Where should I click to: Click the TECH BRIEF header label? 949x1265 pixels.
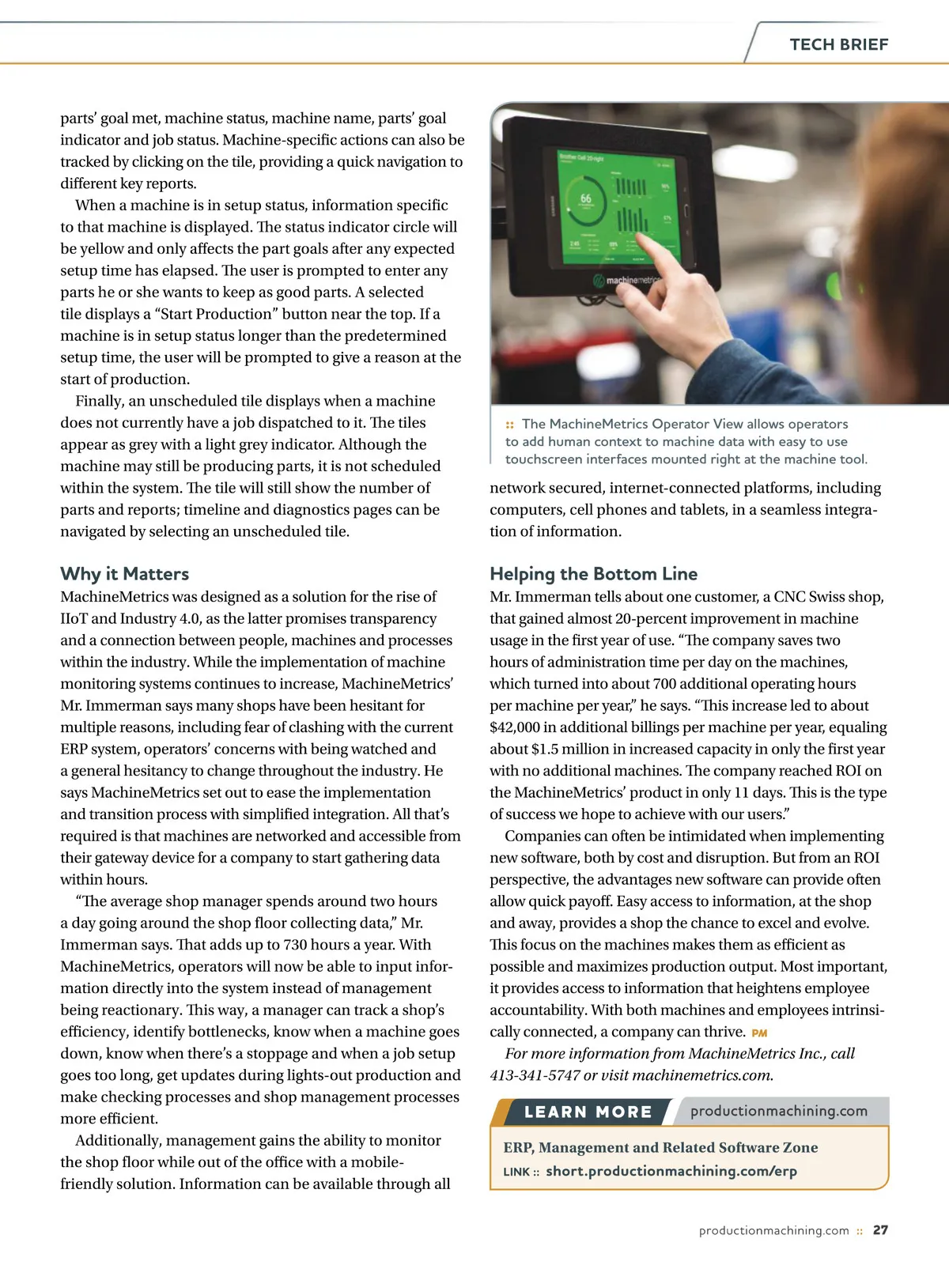point(838,44)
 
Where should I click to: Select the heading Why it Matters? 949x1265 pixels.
point(125,573)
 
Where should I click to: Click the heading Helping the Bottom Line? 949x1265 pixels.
point(593,573)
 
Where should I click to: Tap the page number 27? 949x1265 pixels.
point(880,1230)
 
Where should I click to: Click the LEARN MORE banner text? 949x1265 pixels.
point(588,1112)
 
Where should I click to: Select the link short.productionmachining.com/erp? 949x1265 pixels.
point(671,1171)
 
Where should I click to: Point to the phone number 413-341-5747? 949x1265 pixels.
point(535,1075)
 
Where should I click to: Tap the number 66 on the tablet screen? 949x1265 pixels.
point(586,198)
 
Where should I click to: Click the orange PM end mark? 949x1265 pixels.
point(759,1033)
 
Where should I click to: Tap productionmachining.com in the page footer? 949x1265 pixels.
point(773,1230)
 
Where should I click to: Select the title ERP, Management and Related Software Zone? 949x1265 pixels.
point(660,1147)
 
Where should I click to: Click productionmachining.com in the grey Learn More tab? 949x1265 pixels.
point(778,1111)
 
